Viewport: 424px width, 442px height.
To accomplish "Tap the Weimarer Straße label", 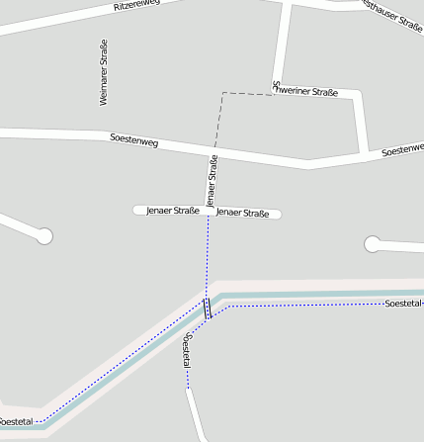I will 103,72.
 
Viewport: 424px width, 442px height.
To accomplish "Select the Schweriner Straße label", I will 306,92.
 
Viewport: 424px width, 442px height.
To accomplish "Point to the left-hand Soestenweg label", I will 134,141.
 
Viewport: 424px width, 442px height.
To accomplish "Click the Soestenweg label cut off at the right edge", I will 402,149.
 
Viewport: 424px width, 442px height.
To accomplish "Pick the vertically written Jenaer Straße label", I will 212,179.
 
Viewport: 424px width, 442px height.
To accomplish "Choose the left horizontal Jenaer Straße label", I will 173,211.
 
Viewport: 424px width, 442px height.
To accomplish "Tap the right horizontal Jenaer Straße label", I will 243,213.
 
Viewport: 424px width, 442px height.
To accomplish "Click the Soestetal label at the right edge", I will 403,303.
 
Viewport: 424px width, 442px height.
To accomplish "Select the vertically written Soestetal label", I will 187,352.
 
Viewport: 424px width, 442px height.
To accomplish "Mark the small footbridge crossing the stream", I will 208,309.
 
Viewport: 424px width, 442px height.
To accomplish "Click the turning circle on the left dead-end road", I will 43,235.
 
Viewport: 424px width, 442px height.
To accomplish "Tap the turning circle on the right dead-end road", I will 373,243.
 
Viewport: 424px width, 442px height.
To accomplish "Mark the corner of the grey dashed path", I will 223,94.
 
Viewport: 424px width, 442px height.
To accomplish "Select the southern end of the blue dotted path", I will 188,390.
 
